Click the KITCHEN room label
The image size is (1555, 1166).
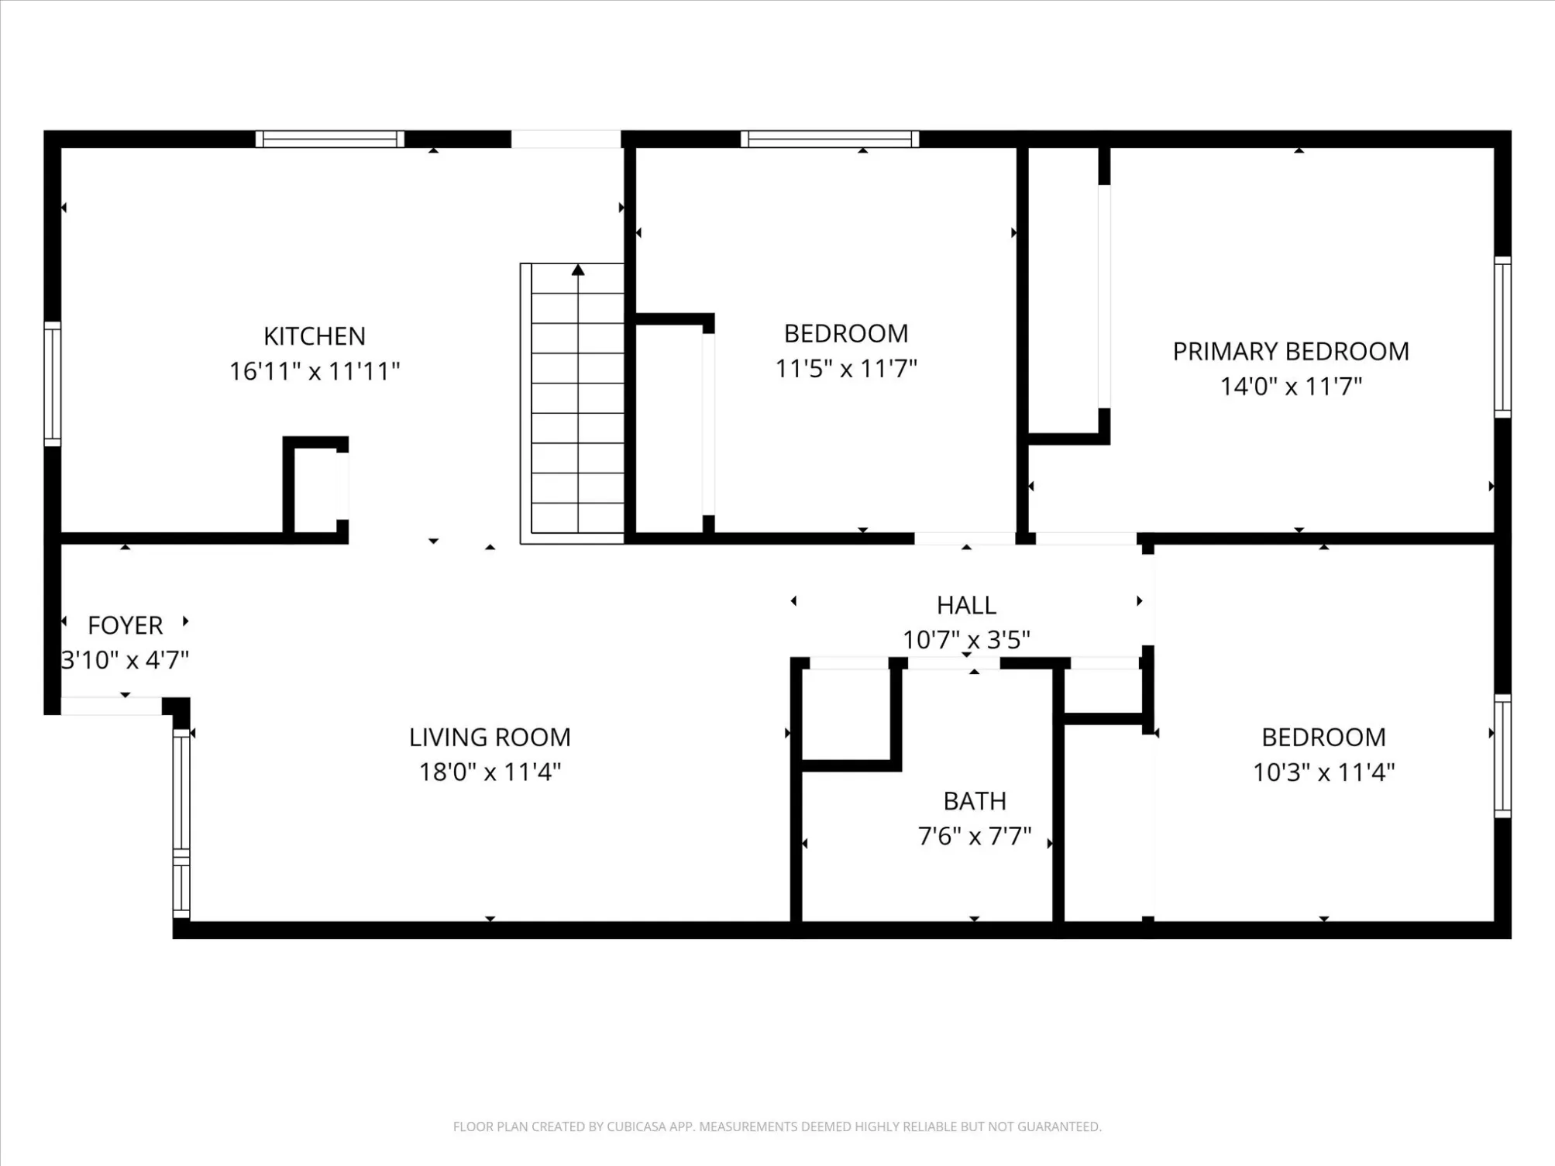click(314, 336)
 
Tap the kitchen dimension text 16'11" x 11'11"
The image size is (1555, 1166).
click(314, 371)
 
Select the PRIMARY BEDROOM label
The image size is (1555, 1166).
click(1291, 352)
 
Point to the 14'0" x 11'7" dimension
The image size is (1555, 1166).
click(1291, 386)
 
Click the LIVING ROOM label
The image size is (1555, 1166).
click(490, 738)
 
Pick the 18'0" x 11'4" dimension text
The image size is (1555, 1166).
click(490, 772)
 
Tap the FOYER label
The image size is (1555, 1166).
click(125, 625)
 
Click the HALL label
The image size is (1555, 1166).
click(966, 605)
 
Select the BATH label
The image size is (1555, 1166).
click(975, 801)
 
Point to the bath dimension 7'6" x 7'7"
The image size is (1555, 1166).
click(975, 836)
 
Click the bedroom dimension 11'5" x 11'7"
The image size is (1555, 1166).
click(846, 368)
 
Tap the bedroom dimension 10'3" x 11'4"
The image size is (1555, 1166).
click(1324, 772)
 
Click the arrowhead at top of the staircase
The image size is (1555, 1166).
click(578, 270)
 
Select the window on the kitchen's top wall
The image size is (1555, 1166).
click(330, 139)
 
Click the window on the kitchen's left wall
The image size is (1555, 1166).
click(52, 384)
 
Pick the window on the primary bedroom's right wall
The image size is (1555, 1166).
click(1502, 337)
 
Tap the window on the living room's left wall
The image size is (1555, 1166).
click(181, 824)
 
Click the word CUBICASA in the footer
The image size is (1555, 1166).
click(636, 1126)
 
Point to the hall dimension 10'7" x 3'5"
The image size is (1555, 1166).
click(966, 640)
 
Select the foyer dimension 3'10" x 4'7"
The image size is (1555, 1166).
click(125, 660)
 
